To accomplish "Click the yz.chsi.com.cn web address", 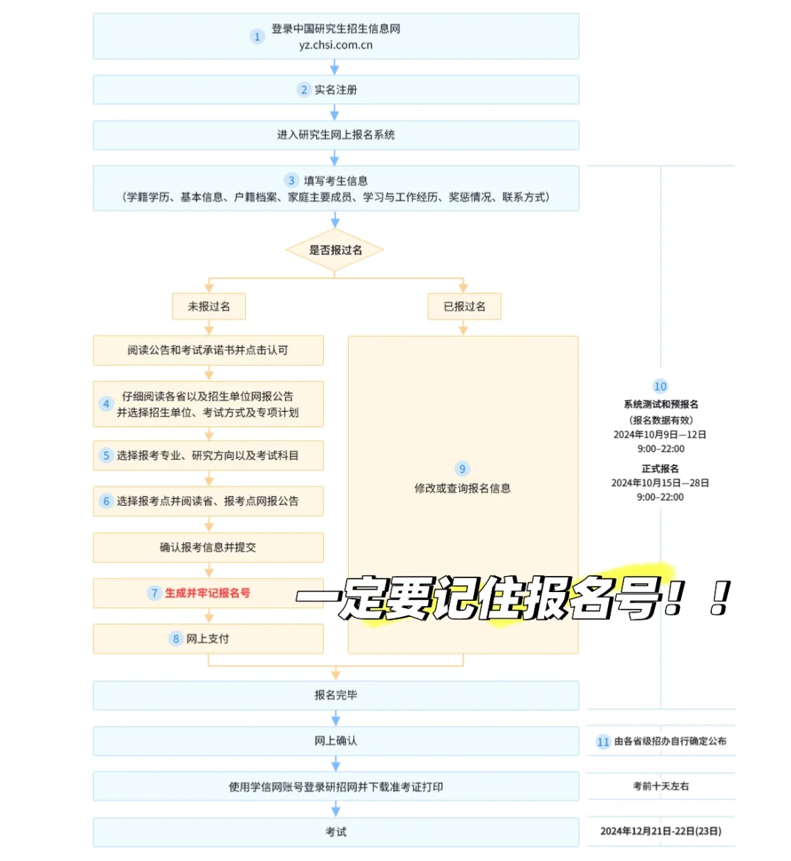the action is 335,45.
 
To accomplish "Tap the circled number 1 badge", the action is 257,37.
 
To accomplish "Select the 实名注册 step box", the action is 335,89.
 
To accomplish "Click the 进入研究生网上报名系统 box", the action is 335,135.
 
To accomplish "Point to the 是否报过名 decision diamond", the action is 335,250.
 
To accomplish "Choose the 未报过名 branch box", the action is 209,306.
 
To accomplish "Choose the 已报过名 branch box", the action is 464,306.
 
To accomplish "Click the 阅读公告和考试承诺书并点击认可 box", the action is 208,350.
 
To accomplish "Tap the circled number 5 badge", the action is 106,456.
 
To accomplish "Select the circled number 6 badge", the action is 106,501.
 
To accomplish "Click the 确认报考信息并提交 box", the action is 208,547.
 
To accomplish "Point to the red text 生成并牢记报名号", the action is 207,593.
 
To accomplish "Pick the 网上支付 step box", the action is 208,639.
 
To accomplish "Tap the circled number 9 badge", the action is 462,469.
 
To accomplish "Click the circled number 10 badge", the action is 660,386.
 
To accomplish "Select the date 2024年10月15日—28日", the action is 660,483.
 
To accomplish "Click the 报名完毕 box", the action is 335,695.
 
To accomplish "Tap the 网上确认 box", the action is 335,741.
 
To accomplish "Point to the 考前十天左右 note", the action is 661,786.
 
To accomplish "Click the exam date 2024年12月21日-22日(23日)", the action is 661,831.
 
